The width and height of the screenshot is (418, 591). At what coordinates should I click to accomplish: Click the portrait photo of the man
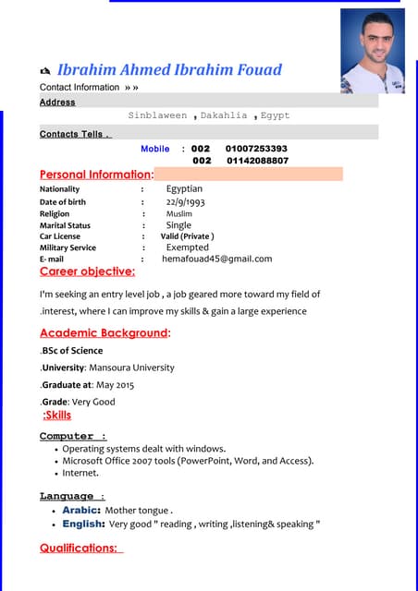373,51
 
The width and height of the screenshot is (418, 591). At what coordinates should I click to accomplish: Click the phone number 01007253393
256,149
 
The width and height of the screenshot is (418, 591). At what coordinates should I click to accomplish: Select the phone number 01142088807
257,161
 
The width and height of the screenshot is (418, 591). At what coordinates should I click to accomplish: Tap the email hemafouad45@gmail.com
216,259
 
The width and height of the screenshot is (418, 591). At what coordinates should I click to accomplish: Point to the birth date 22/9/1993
185,201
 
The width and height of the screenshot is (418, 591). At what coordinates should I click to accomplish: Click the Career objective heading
87,271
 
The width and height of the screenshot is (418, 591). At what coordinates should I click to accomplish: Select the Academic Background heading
104,332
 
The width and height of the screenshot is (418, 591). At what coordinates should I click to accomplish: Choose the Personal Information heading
95,175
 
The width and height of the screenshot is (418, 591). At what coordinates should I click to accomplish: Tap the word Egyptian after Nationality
184,188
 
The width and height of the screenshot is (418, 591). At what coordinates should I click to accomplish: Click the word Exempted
187,247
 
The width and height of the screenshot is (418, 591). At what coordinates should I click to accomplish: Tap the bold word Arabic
81,510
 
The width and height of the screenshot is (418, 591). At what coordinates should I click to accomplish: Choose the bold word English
83,525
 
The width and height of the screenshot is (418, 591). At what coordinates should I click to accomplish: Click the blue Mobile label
155,149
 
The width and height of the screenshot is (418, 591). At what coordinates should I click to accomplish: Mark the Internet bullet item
80,473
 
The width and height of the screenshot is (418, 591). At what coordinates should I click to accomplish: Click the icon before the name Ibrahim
46,71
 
